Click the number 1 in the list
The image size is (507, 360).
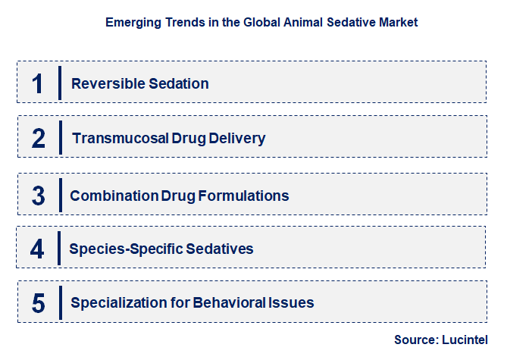38,83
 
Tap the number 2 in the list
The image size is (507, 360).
39,138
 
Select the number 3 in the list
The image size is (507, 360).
39,196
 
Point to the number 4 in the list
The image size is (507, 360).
38,249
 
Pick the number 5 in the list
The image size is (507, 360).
39,303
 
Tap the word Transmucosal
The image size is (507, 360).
120,139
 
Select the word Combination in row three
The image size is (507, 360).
114,196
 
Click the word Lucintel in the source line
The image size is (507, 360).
465,340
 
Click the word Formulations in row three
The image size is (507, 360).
243,196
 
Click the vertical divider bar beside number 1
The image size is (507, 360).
60,83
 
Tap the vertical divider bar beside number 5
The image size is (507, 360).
60,302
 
